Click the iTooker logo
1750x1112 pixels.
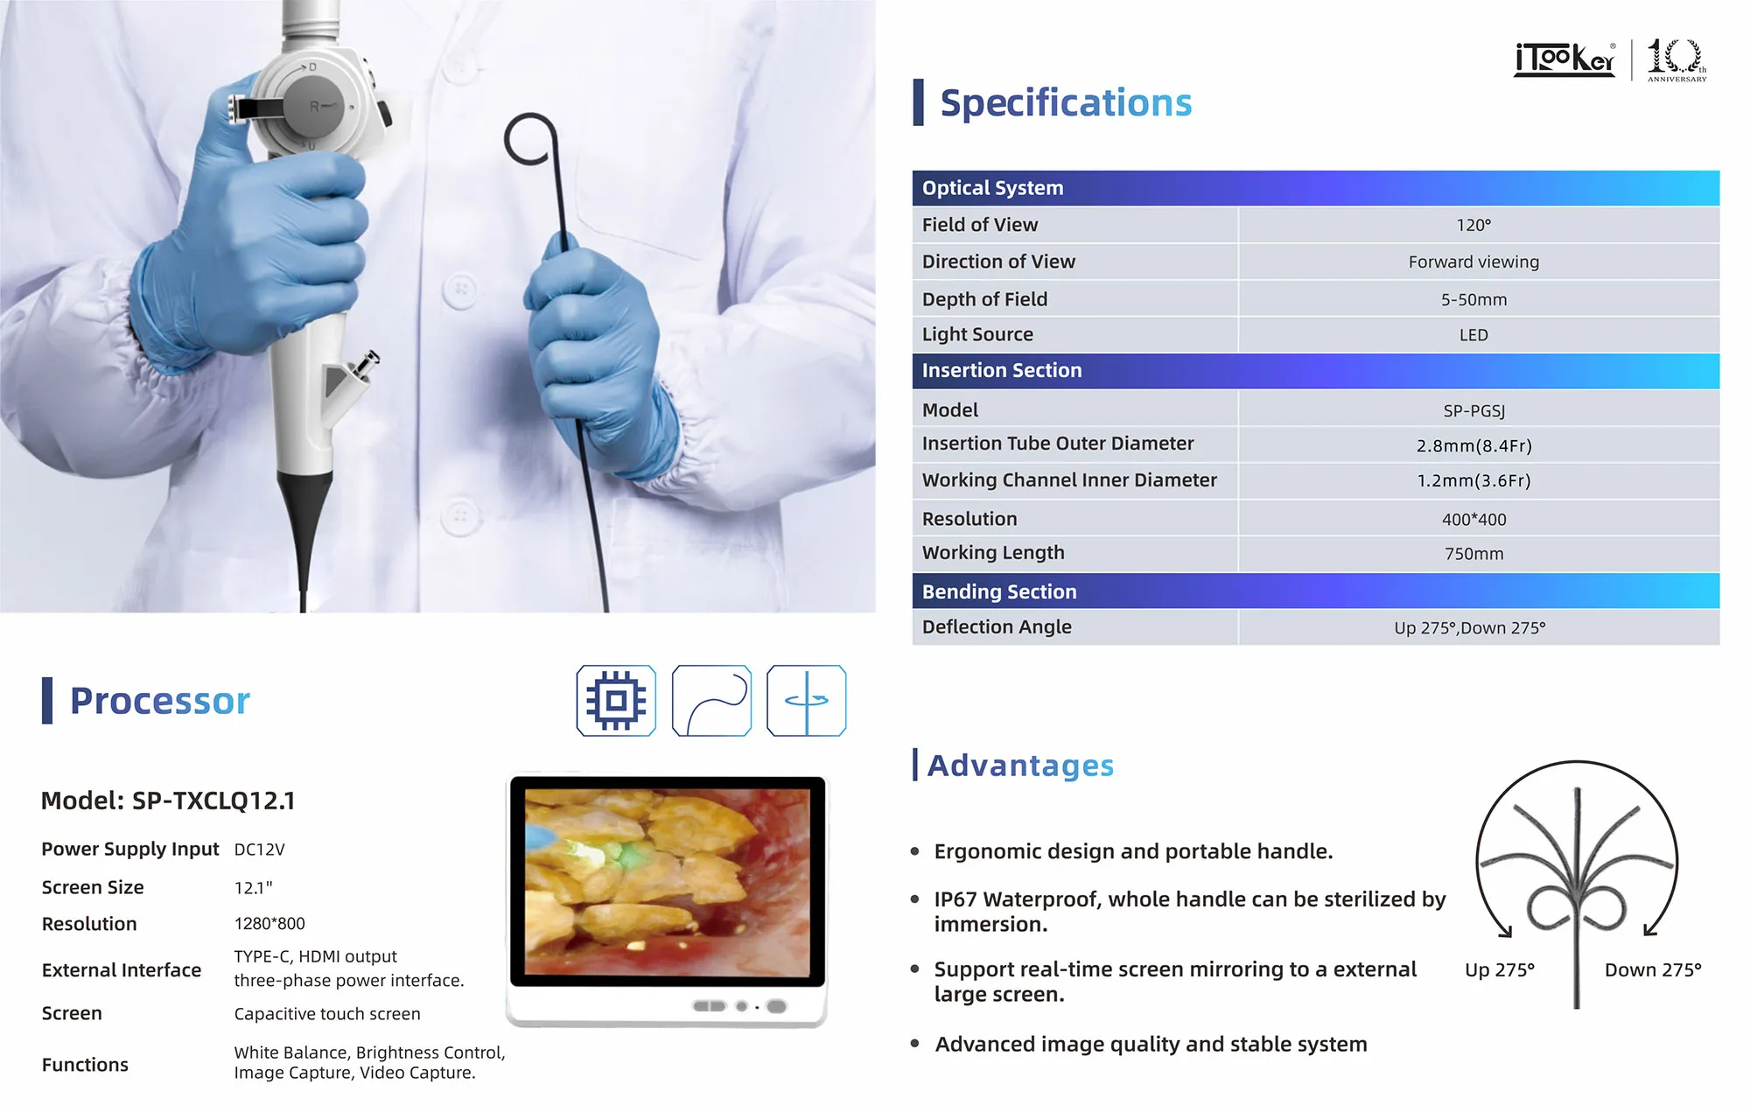coord(1564,59)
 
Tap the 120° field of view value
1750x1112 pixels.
coord(1473,226)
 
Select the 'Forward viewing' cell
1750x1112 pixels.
coord(1473,262)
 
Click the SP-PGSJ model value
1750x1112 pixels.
coord(1473,410)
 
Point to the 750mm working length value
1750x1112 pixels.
coord(1473,554)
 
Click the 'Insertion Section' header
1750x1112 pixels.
coord(1002,370)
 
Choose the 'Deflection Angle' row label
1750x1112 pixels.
coord(997,626)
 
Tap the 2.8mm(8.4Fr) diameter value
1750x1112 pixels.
coord(1473,445)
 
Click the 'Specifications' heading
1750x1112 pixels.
coord(1066,103)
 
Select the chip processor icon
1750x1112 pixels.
coord(616,701)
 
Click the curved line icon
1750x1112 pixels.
coord(711,701)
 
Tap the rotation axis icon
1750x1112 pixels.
coord(806,701)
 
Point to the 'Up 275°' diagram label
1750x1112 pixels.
coord(1500,969)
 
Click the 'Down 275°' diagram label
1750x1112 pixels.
coord(1653,969)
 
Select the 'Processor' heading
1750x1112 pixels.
coord(159,701)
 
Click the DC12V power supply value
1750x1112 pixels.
coord(259,850)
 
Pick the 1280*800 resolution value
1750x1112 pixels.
coord(269,924)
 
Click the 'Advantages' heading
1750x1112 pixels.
coord(1020,766)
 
